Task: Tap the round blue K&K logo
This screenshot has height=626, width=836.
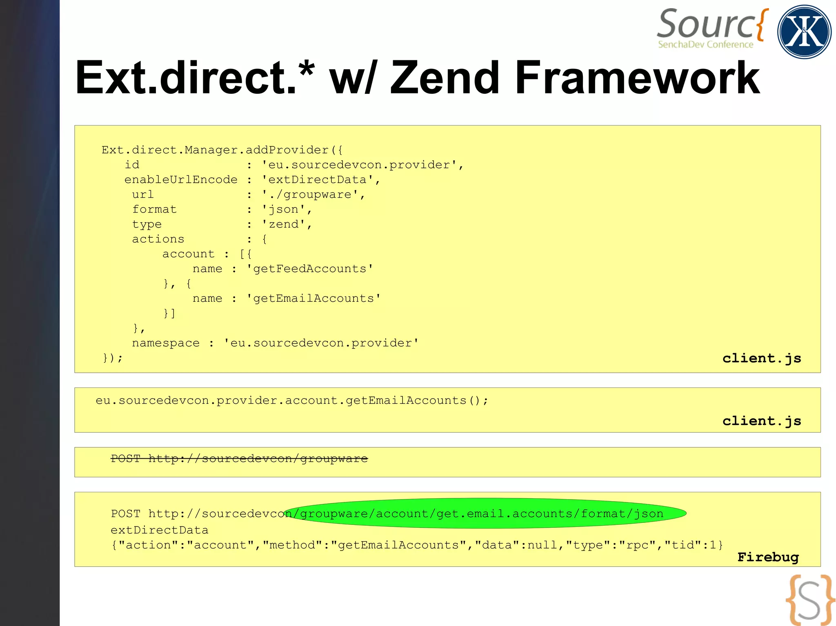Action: pyautogui.click(x=804, y=32)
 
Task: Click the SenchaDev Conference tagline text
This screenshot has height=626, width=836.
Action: pyautogui.click(x=705, y=44)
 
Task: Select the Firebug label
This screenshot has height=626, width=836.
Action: pyautogui.click(x=768, y=557)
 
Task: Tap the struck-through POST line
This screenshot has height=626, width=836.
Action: pyautogui.click(x=239, y=459)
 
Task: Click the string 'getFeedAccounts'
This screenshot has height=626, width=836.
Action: pyautogui.click(x=310, y=269)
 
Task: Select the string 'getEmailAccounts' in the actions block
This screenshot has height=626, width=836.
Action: pyautogui.click(x=313, y=299)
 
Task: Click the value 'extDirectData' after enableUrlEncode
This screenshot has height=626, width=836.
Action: pyautogui.click(x=321, y=180)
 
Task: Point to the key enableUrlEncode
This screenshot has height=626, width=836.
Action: pyautogui.click(x=181, y=180)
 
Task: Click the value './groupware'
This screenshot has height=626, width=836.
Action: pyautogui.click(x=313, y=195)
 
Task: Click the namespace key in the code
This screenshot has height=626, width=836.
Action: pyautogui.click(x=166, y=343)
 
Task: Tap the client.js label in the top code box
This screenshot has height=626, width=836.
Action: pyautogui.click(x=762, y=358)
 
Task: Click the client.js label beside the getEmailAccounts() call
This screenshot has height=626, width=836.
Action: pyautogui.click(x=762, y=420)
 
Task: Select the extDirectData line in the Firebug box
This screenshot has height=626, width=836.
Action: pyautogui.click(x=160, y=530)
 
